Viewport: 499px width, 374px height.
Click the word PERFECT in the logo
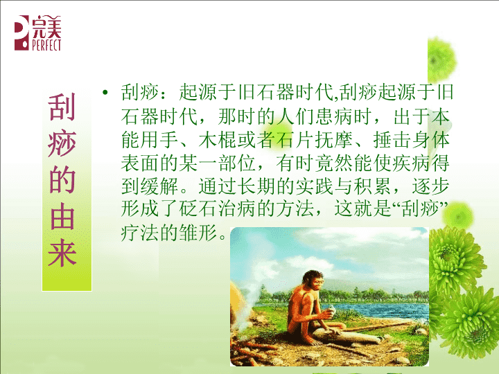point(46,45)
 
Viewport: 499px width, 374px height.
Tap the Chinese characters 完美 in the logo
point(46,27)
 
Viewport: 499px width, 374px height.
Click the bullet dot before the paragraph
point(105,93)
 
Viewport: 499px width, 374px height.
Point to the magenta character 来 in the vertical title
point(62,253)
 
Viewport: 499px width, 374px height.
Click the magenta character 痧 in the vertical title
point(62,144)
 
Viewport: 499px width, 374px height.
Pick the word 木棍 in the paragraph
point(218,139)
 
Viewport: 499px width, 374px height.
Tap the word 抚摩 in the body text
point(334,139)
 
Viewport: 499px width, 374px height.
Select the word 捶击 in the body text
point(392,139)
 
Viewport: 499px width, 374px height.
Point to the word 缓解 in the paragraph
point(159,186)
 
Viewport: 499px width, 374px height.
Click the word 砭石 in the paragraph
point(198,209)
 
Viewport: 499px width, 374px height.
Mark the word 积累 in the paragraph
point(373,186)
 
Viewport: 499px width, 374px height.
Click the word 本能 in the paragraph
point(441,116)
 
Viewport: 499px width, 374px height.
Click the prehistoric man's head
point(313,280)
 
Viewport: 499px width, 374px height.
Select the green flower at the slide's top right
point(441,60)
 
